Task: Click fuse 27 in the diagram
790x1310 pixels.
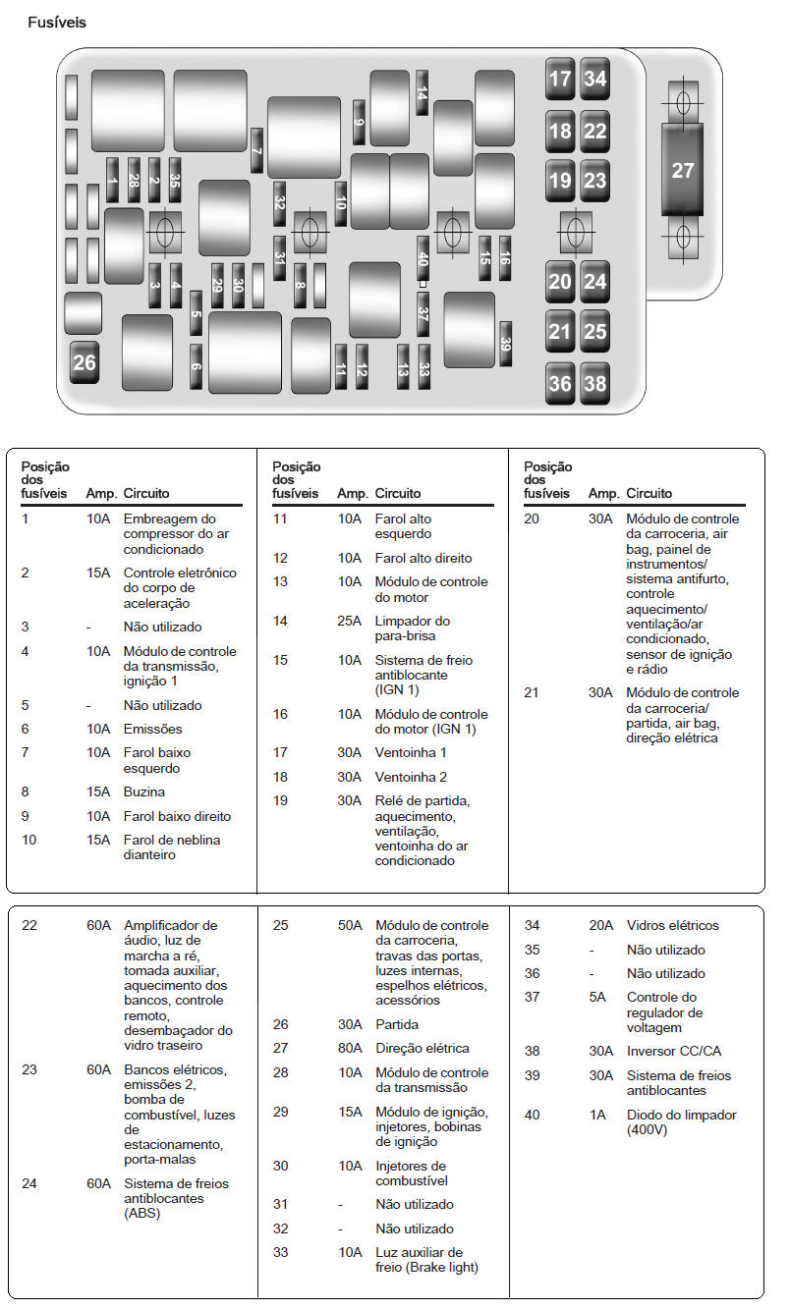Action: [682, 170]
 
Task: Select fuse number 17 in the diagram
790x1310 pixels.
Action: [560, 79]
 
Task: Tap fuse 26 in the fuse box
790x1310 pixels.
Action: [85, 362]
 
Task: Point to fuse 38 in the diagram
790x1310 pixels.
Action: [595, 383]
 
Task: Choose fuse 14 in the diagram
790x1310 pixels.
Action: [422, 93]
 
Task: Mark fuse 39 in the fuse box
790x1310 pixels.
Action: [506, 345]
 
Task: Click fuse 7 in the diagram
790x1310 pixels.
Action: [256, 151]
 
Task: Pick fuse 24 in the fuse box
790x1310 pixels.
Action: [595, 282]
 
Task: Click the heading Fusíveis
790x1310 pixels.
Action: [57, 23]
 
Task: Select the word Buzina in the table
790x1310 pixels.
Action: [143, 792]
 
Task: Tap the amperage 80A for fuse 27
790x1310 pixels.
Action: [350, 1049]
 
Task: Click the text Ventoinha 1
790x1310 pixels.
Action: [411, 753]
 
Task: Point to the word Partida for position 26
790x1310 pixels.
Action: [397, 1025]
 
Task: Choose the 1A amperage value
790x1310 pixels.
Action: [598, 1116]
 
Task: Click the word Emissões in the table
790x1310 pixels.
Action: [152, 730]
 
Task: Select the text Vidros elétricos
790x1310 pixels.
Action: [672, 926]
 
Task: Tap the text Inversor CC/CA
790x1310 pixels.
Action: [673, 1052]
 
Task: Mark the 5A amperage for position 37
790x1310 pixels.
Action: [598, 998]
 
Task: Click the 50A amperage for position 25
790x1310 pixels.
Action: [350, 926]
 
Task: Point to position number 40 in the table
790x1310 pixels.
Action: [532, 1116]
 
